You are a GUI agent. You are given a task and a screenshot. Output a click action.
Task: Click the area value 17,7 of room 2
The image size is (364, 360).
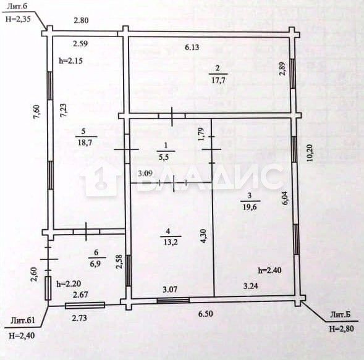tap(218, 80)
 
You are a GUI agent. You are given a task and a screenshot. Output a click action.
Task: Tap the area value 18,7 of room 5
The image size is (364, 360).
tap(85, 143)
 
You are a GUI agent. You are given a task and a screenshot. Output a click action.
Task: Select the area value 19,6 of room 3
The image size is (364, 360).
tap(250, 206)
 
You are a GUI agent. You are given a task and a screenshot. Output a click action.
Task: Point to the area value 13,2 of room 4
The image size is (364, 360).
tap(171, 242)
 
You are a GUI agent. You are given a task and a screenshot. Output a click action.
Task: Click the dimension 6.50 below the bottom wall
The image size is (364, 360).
tap(205, 314)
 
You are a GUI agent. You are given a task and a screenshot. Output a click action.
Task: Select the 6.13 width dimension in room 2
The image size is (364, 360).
tap(192, 48)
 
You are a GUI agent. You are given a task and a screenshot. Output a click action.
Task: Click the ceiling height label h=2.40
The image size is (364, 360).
tap(269, 270)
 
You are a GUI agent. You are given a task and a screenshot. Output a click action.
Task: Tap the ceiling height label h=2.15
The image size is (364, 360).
tap(71, 61)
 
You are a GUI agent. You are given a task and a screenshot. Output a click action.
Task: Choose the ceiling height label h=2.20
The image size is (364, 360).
tap(69, 283)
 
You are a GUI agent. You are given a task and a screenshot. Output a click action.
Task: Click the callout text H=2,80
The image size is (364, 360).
tap(342, 329)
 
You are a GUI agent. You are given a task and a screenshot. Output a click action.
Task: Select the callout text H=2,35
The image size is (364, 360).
tap(18, 19)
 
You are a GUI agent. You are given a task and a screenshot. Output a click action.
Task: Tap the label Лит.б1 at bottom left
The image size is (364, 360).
tap(23, 320)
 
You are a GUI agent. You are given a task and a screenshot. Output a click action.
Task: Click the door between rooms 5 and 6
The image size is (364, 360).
tap(86, 232)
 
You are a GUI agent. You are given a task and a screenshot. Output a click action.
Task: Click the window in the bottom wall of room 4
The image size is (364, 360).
tap(173, 301)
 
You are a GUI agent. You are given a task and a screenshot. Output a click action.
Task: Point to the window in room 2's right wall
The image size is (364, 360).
tap(293, 73)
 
